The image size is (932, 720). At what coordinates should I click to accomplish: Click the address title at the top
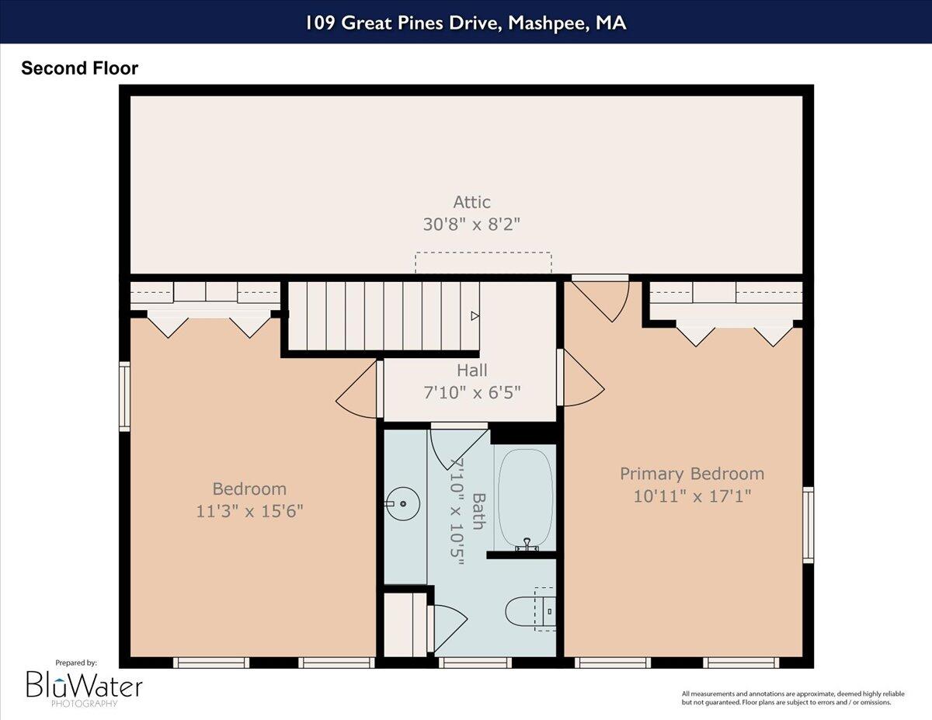click(x=465, y=23)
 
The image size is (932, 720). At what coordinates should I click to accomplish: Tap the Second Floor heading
click(x=79, y=68)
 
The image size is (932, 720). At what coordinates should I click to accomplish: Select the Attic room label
click(x=471, y=202)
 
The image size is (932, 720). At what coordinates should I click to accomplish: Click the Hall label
click(x=471, y=371)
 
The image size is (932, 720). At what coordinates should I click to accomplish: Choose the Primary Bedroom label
click(x=691, y=474)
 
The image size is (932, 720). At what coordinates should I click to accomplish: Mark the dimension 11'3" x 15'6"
click(x=249, y=511)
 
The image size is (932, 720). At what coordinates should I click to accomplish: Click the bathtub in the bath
click(x=525, y=497)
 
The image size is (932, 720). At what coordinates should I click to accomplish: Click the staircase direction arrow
click(x=475, y=316)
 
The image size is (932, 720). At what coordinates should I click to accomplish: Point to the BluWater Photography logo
click(x=84, y=684)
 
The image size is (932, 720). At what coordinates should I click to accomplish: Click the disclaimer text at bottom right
click(x=786, y=697)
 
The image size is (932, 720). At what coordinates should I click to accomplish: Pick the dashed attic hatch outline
click(x=483, y=263)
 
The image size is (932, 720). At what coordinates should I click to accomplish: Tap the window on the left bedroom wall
click(x=124, y=396)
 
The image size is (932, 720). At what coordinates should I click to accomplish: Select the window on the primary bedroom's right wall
click(x=808, y=525)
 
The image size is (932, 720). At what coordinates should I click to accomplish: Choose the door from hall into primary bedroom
click(x=581, y=378)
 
